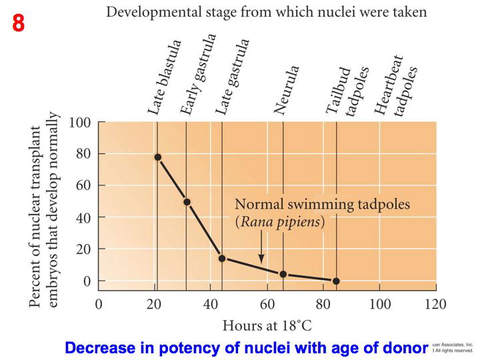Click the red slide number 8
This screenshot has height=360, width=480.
pyautogui.click(x=19, y=23)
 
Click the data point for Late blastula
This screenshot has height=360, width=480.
pyautogui.click(x=157, y=157)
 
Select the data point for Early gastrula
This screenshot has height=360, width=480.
pyautogui.click(x=187, y=202)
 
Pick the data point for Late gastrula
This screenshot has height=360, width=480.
pyautogui.click(x=222, y=258)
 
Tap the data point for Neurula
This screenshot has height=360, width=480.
pyautogui.click(x=283, y=274)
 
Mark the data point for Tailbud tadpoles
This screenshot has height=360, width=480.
pyautogui.click(x=336, y=281)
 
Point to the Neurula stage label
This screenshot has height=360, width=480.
pyautogui.click(x=287, y=91)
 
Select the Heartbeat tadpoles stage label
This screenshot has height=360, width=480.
pyautogui.click(x=396, y=87)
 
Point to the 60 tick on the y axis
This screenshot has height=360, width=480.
pyautogui.click(x=83, y=186)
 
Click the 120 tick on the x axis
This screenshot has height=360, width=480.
pyautogui.click(x=436, y=305)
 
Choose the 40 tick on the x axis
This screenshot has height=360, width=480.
pyautogui.click(x=210, y=305)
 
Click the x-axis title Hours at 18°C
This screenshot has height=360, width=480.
pyautogui.click(x=267, y=326)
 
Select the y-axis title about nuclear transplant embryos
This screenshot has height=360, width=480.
pyautogui.click(x=45, y=210)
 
